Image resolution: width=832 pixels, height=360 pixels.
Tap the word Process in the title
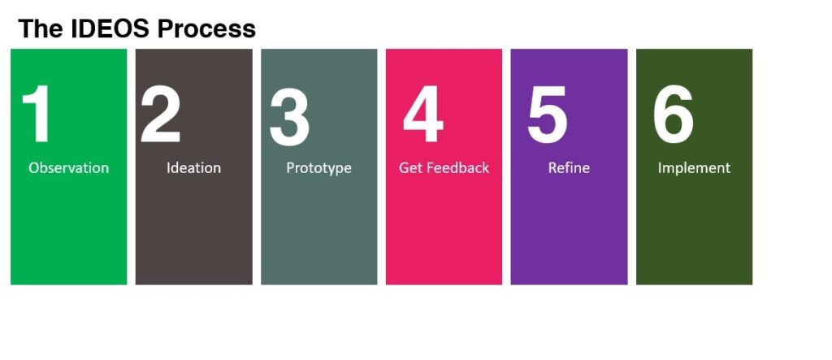206,28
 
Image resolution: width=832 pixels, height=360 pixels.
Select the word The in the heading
41,28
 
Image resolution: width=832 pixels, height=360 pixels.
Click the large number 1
37,114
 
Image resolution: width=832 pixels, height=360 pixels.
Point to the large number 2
160,114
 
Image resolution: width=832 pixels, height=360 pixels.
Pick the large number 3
290,115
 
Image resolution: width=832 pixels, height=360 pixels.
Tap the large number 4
422,114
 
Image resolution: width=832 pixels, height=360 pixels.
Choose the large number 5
547,115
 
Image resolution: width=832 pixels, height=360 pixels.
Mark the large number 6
673,115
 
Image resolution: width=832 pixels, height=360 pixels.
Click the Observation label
68,167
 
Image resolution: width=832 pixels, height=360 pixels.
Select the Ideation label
193,167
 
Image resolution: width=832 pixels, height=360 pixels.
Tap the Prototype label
318,168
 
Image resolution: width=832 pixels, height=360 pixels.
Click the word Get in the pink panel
410,167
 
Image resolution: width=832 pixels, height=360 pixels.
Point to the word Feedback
458,167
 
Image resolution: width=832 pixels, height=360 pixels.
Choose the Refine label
569,167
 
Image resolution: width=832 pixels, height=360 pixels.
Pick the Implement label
694,168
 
